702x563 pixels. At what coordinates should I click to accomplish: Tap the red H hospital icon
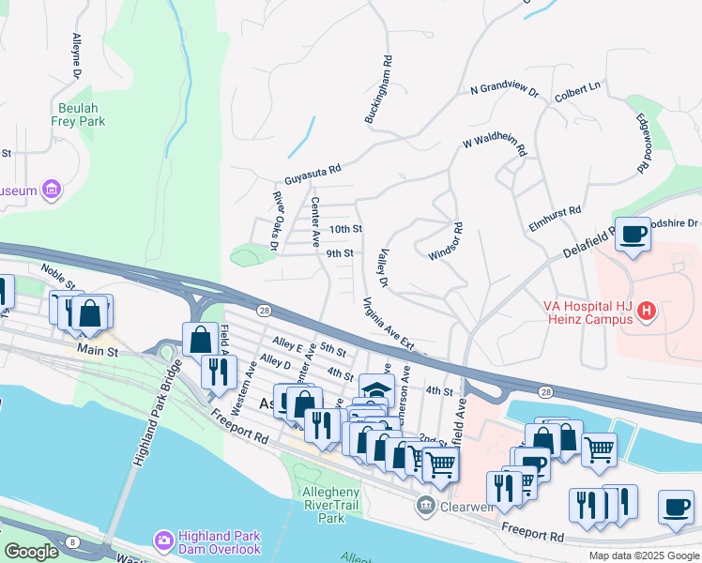[x=646, y=311]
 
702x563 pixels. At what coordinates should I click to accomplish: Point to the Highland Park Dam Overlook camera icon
[x=164, y=540]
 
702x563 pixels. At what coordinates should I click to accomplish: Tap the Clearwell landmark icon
[x=425, y=507]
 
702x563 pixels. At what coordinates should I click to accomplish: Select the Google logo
[x=31, y=552]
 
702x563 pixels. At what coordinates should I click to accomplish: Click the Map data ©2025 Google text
[x=643, y=555]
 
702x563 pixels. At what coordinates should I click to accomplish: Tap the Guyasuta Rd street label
[x=313, y=175]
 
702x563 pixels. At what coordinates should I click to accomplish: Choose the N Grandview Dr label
[x=504, y=90]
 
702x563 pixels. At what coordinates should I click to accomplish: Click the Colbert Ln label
[x=577, y=85]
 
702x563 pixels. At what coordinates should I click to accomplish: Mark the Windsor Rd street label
[x=448, y=241]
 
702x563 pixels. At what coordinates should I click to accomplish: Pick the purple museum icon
[x=52, y=190]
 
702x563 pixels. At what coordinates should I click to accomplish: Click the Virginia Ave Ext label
[x=388, y=323]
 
